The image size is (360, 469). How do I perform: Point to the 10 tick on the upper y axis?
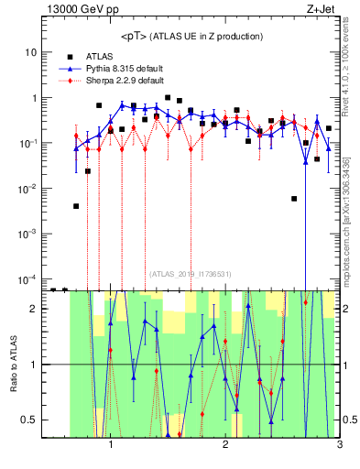click(x=31, y=52)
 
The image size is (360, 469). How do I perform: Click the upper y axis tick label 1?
click(x=34, y=98)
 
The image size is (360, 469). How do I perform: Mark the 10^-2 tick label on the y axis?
click(x=28, y=188)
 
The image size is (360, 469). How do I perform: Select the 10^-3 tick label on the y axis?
click(x=28, y=233)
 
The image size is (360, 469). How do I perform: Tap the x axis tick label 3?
click(x=339, y=446)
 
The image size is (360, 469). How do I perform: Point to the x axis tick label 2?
click(x=225, y=446)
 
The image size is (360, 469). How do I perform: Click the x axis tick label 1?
click(x=111, y=446)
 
